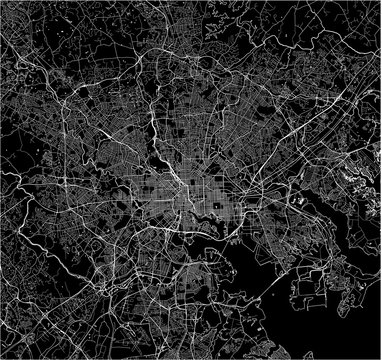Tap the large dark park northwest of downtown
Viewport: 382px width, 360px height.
155,160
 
